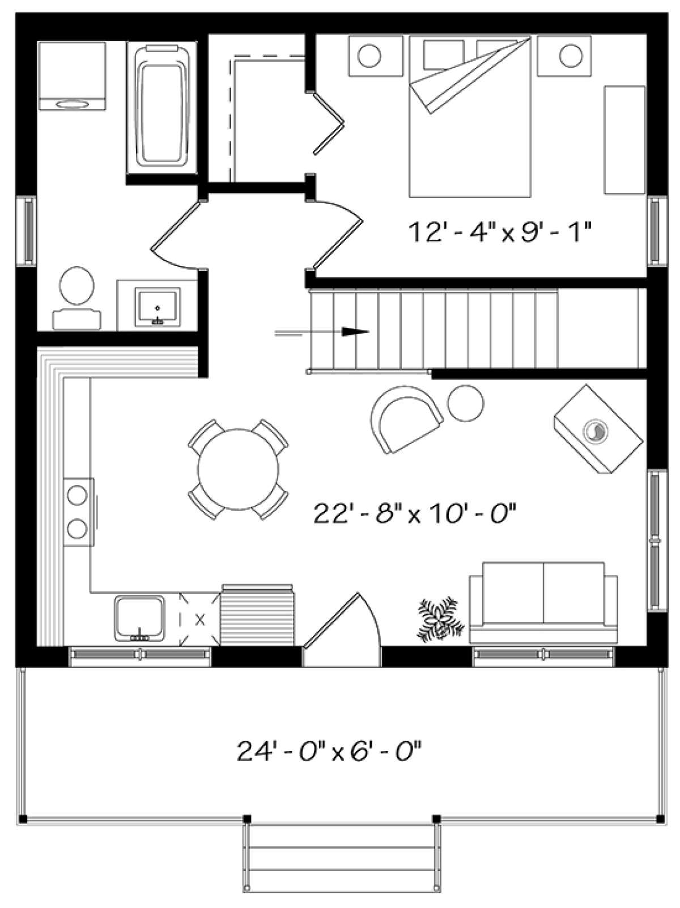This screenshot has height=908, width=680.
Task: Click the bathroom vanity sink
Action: (x=157, y=307)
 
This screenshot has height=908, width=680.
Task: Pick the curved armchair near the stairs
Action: (x=405, y=417)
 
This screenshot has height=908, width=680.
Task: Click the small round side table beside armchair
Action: (x=466, y=402)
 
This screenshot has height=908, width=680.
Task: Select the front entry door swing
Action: (x=343, y=630)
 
